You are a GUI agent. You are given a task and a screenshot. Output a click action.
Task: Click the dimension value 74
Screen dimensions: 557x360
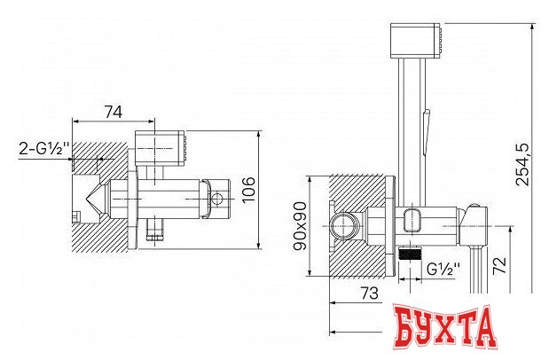(114, 113)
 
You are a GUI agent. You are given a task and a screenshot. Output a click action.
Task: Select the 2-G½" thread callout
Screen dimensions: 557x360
(45, 149)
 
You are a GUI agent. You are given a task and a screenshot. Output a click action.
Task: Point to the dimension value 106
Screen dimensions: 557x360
(248, 189)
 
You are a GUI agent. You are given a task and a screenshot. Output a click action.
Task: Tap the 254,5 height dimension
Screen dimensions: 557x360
(522, 164)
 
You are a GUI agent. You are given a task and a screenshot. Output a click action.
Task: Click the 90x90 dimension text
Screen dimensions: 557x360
(300, 226)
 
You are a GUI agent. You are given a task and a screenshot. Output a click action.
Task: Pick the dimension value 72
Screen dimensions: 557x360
(499, 265)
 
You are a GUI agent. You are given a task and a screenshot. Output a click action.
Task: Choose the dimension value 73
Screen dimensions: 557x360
(370, 293)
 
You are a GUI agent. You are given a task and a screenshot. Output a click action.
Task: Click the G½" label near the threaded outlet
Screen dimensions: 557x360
(443, 270)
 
